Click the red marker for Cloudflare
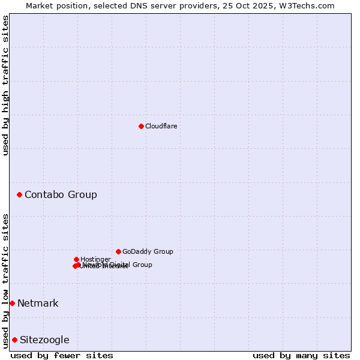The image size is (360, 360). pos(141,126)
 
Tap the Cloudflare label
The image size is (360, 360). pos(161,126)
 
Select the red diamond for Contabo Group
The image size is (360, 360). pos(20,194)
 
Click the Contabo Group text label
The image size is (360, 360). pos(61,194)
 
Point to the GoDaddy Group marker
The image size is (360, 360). pos(118,251)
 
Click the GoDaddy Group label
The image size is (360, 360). pos(148,251)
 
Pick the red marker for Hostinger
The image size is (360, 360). pos(76,259)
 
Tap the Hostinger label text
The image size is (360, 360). pos(95,259)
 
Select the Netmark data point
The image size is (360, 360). pos(12,303)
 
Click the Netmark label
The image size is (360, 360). pos(38,303)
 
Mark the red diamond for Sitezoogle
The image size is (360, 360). pos(14,340)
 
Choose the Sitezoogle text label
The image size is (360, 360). pos(44,340)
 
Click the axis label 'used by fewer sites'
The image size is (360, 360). pos(62,355)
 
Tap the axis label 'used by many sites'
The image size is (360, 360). pos(301,355)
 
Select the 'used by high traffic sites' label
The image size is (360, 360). pos(5,85)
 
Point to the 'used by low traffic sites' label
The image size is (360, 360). pos(5,280)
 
